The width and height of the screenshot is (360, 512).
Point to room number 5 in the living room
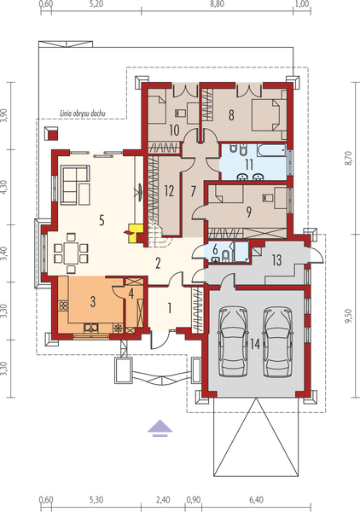101,220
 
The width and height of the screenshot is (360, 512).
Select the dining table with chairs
69,253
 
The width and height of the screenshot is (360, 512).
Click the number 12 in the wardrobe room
169,190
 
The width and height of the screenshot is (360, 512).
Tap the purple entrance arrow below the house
159,427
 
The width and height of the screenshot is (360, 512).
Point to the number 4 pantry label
131,294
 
